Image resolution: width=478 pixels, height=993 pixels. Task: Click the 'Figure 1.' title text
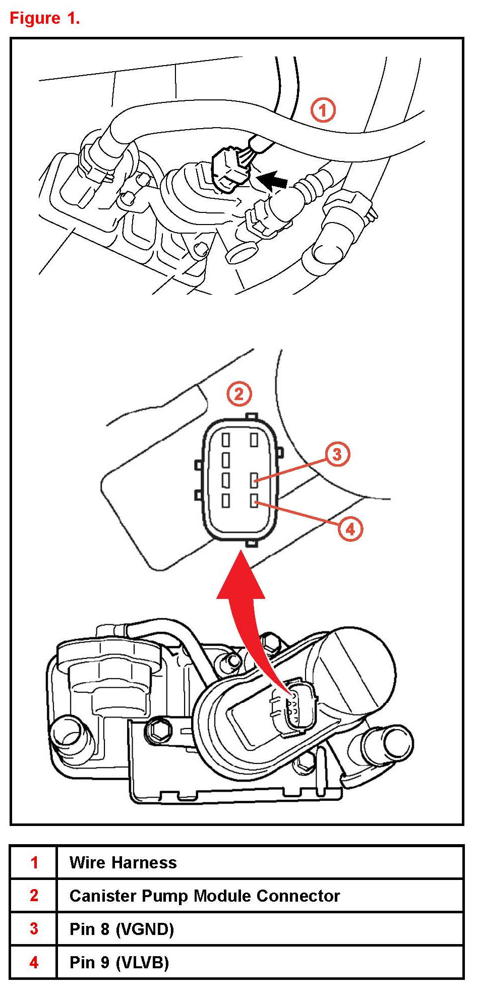(45, 19)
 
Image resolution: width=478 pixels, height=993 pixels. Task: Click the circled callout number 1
(323, 109)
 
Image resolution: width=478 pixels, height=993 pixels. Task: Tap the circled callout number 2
(239, 394)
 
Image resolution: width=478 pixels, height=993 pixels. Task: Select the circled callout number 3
(337, 454)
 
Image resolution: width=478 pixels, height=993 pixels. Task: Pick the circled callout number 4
(350, 529)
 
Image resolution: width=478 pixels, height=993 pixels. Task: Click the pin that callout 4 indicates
(255, 501)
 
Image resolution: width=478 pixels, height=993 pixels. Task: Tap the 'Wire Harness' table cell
(123, 862)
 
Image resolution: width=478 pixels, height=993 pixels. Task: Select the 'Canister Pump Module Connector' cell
(204, 896)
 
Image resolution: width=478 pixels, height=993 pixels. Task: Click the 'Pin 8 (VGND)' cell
(122, 929)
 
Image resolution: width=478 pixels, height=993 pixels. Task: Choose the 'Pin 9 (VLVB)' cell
(119, 962)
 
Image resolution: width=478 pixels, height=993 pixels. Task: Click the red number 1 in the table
(34, 862)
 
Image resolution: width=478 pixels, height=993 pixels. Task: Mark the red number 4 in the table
(34, 962)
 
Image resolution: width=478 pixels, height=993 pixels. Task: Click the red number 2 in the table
(34, 896)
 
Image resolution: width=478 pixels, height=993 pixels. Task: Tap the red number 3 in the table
(34, 929)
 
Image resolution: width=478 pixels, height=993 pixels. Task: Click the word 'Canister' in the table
(103, 896)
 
